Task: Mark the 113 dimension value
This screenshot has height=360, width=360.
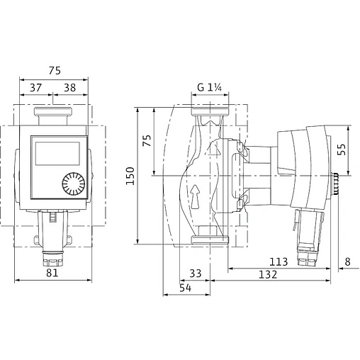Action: tap(279, 261)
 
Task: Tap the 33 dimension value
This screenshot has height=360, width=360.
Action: tap(196, 273)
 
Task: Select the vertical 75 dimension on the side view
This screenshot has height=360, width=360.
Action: tap(147, 141)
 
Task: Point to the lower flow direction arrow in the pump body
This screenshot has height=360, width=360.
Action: tap(196, 195)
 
